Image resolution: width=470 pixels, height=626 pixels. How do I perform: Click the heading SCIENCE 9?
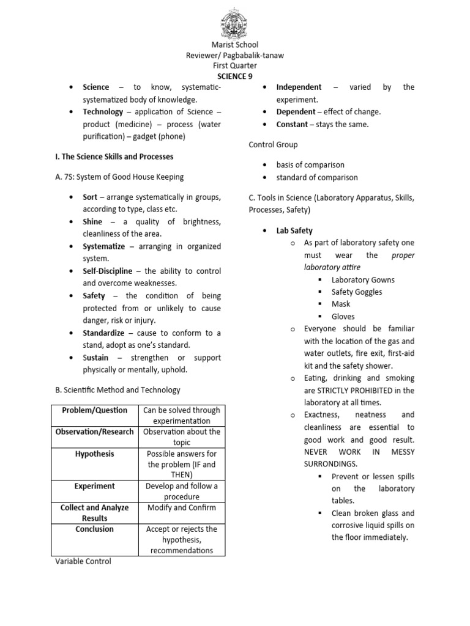click(x=234, y=76)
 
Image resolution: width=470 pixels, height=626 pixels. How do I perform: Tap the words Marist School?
click(x=234, y=45)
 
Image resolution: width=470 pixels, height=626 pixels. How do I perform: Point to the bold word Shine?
click(x=92, y=221)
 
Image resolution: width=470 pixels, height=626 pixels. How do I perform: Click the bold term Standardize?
click(x=103, y=333)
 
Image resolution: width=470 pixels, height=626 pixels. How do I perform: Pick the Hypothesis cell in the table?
click(x=95, y=454)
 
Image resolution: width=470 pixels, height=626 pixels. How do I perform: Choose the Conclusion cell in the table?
click(x=95, y=529)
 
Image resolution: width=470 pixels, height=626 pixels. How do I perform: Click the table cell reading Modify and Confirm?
click(x=182, y=507)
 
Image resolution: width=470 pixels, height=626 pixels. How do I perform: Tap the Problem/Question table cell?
click(x=95, y=410)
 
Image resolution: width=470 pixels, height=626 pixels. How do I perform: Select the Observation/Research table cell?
click(x=95, y=432)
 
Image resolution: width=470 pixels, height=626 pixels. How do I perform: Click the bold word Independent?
click(x=299, y=87)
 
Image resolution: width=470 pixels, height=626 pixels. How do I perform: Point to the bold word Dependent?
click(x=296, y=112)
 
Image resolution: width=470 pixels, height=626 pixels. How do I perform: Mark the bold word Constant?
click(x=292, y=124)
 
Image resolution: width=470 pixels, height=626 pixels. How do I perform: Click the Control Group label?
click(x=273, y=145)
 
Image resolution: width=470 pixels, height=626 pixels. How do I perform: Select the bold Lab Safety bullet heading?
click(x=294, y=230)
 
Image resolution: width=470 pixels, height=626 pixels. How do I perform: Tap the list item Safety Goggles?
click(x=356, y=292)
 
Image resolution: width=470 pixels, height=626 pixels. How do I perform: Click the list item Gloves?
click(x=343, y=317)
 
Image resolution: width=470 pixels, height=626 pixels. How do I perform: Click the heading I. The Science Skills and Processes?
click(x=114, y=156)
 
